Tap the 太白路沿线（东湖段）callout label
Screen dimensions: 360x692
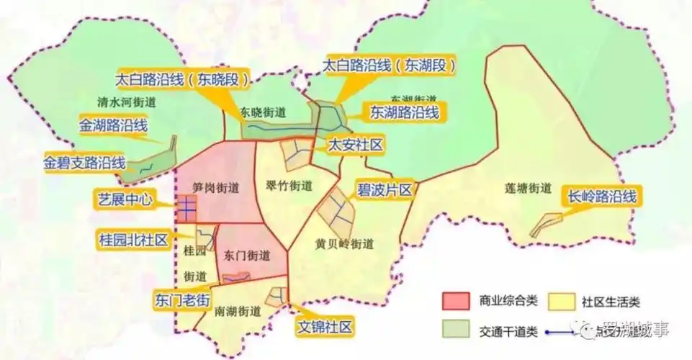click(390, 66)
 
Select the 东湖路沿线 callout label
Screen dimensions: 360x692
click(403, 112)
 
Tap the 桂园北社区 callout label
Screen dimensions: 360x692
click(132, 238)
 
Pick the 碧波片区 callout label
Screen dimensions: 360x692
click(384, 190)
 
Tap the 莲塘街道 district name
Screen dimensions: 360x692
click(528, 189)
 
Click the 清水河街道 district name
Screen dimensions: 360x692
click(126, 102)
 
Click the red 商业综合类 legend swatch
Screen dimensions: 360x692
click(456, 300)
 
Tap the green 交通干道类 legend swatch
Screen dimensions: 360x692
click(456, 330)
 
